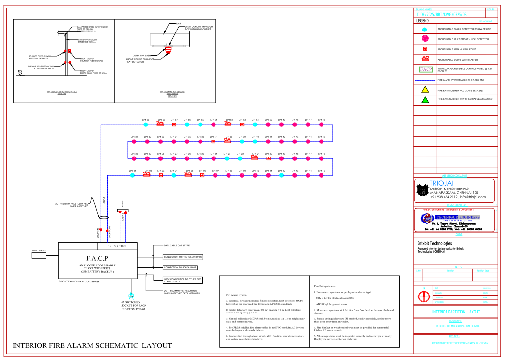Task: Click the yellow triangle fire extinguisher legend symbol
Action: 424,90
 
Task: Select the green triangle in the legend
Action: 424,100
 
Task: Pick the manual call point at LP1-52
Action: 242,125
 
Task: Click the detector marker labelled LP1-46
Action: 321,125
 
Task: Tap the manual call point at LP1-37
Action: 213,141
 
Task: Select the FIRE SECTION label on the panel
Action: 116,246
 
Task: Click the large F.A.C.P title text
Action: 97,258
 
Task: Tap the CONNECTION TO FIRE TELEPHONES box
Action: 183,257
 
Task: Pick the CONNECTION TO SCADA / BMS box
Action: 180,267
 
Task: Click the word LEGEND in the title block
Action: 422,21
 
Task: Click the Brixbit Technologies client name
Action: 434,243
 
